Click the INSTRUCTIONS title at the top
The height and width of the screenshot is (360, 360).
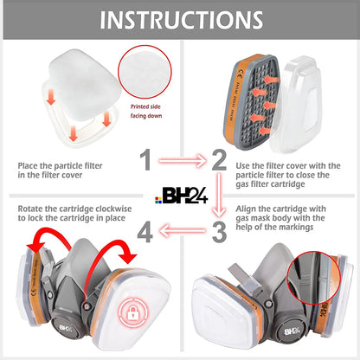click(180, 21)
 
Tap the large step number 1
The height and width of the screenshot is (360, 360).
click(148, 159)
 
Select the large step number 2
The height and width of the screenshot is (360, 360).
click(220, 159)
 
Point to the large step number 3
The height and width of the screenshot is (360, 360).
click(220, 232)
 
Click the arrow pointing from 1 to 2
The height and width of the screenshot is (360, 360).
click(183, 160)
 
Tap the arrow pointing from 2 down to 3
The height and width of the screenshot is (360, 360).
click(220, 196)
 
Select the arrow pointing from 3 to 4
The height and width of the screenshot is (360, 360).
click(183, 232)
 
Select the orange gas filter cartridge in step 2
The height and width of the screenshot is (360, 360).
click(256, 95)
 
